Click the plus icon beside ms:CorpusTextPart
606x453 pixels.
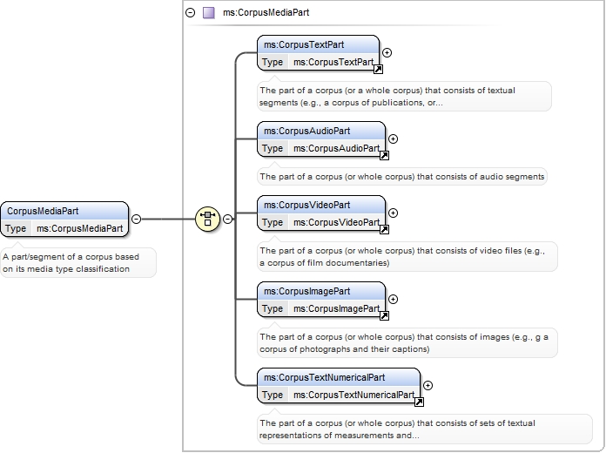[x=387, y=52]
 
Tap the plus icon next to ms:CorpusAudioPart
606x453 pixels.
[x=393, y=139]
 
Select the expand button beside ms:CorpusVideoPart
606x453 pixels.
[x=393, y=213]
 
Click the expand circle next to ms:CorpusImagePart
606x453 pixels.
[x=393, y=299]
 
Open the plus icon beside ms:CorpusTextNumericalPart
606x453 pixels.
[x=428, y=385]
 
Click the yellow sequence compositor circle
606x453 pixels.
[x=207, y=219]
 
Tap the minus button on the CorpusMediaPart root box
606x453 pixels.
[x=137, y=219]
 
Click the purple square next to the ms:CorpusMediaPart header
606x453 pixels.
[x=209, y=13]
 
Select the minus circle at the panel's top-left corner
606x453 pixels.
[x=190, y=13]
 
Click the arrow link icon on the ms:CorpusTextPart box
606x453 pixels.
[x=378, y=69]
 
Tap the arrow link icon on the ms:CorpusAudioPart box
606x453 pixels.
[x=384, y=156]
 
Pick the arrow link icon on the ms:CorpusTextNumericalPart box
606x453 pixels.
[x=419, y=402]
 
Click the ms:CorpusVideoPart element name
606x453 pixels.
[x=306, y=205]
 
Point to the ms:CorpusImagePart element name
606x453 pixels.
[x=306, y=291]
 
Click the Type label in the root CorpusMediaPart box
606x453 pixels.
[x=16, y=228]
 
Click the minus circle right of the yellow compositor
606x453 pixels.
[x=228, y=219]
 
